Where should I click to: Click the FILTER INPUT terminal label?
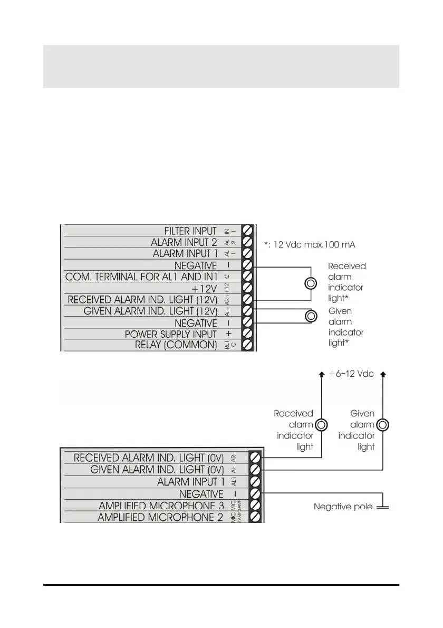pyautogui.click(x=190, y=231)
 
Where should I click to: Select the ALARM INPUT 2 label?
pyautogui.click(x=184, y=242)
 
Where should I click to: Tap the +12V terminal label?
pyautogui.click(x=204, y=288)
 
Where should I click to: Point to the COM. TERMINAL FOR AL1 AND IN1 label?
pyautogui.click(x=141, y=277)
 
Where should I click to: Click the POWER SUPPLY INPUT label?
pyautogui.click(x=170, y=334)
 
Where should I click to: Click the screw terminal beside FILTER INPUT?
pyautogui.click(x=247, y=231)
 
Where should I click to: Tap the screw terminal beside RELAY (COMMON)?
pyautogui.click(x=247, y=345)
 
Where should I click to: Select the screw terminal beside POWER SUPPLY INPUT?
pyautogui.click(x=247, y=334)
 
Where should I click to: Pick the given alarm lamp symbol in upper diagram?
pyautogui.click(x=311, y=316)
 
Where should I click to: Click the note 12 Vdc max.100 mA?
pyautogui.click(x=309, y=245)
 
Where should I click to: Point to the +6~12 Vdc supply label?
pyautogui.click(x=351, y=374)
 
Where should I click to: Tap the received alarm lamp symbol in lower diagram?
pyautogui.click(x=321, y=424)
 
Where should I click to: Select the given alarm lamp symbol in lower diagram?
pyautogui.click(x=383, y=424)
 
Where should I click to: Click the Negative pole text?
pyautogui.click(x=343, y=507)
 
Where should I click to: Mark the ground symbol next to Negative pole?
pyautogui.click(x=382, y=507)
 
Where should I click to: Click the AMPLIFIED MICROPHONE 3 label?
pyautogui.click(x=161, y=506)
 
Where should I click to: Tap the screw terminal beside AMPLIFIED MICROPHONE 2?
pyautogui.click(x=255, y=518)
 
